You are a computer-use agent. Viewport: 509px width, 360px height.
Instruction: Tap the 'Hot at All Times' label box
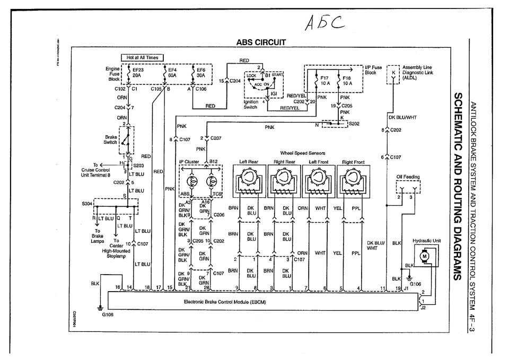pos(142,57)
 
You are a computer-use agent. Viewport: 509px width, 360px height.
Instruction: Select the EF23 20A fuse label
pos(136,72)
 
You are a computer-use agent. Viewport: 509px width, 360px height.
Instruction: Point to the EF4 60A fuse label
pos(172,72)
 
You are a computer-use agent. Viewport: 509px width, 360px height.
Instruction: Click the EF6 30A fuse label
pos(200,72)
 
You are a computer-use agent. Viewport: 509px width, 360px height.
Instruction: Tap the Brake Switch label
pos(111,139)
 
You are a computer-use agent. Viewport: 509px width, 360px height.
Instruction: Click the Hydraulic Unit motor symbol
pos(424,256)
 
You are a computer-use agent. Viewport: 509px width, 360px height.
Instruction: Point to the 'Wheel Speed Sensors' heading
pos(303,153)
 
